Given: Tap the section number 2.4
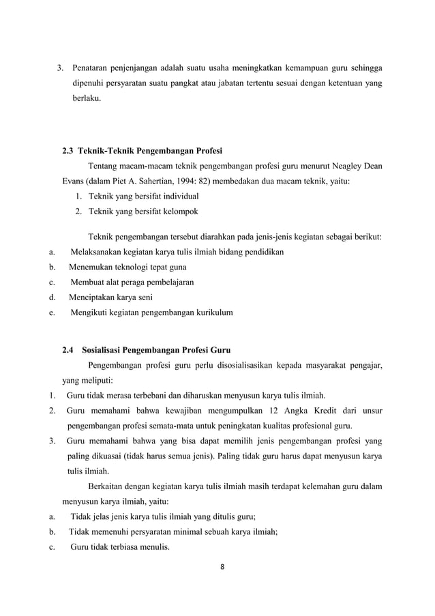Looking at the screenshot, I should click(69, 351).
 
